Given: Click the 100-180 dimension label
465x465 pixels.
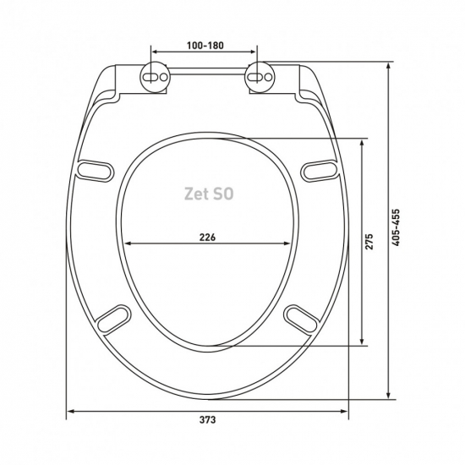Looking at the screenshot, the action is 205,46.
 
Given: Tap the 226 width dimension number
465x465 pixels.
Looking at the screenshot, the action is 207,238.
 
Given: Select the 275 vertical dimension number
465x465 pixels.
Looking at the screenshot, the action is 369,242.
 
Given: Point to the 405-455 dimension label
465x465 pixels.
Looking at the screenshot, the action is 396,227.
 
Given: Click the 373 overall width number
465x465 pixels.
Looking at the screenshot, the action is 207,419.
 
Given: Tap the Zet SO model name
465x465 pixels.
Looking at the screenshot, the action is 209,194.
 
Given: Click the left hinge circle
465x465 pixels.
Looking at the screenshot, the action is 155,77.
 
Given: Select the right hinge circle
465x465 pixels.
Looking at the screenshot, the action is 260,77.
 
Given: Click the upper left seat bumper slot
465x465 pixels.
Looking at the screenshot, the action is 96,171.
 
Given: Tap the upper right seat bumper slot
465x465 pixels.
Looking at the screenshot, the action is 319,171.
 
